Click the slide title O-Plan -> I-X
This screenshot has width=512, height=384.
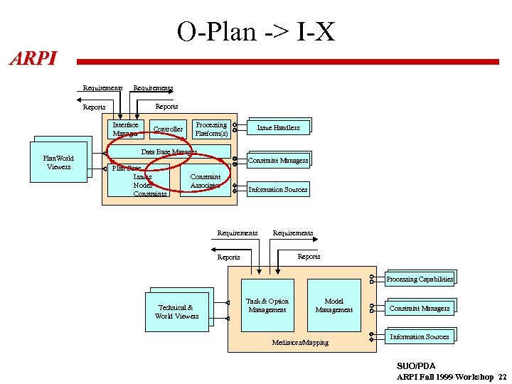point(255,31)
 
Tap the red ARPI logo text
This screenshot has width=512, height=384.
point(33,58)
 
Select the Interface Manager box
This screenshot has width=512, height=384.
point(126,129)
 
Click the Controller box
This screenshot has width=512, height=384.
point(168,129)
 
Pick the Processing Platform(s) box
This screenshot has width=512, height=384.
point(211,129)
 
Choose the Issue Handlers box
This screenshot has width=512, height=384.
point(278,128)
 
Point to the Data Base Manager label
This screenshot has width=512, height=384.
point(169,152)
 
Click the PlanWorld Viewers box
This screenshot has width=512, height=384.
point(59,163)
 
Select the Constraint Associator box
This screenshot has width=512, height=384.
point(206,181)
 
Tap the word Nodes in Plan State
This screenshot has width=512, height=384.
point(143,185)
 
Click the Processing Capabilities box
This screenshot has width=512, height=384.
point(420,279)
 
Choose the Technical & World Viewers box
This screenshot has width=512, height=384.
point(177,311)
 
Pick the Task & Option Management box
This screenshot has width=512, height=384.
point(267,306)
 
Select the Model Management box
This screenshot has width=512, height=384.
point(334,306)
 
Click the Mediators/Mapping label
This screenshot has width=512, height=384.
point(300,343)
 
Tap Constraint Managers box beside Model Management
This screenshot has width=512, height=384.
point(420,309)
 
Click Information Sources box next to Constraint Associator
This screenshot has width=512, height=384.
point(278,190)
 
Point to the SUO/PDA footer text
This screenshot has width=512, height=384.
point(416,366)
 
